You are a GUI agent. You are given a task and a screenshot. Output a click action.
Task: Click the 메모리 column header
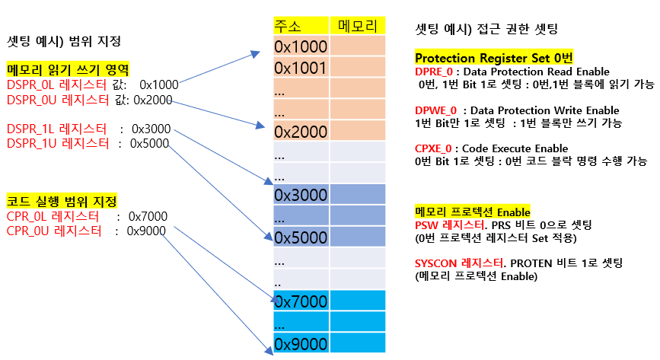pos(357,26)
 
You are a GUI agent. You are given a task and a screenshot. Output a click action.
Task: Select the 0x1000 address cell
pos(300,47)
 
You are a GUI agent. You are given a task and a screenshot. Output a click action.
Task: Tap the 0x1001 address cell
pos(300,68)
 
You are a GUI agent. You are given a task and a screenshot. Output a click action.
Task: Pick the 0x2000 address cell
pos(300,132)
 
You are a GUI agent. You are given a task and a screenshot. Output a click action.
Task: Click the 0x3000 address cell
pos(300,196)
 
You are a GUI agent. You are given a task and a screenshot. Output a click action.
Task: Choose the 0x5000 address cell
pos(300,237)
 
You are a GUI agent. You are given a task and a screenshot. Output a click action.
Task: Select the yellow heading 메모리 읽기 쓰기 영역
pos(67,70)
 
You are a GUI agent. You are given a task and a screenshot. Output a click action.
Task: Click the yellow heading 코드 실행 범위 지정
pos(62,202)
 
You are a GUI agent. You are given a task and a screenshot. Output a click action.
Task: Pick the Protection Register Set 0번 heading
pos(493,58)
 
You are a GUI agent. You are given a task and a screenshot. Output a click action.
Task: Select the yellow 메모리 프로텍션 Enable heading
pos(472,211)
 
